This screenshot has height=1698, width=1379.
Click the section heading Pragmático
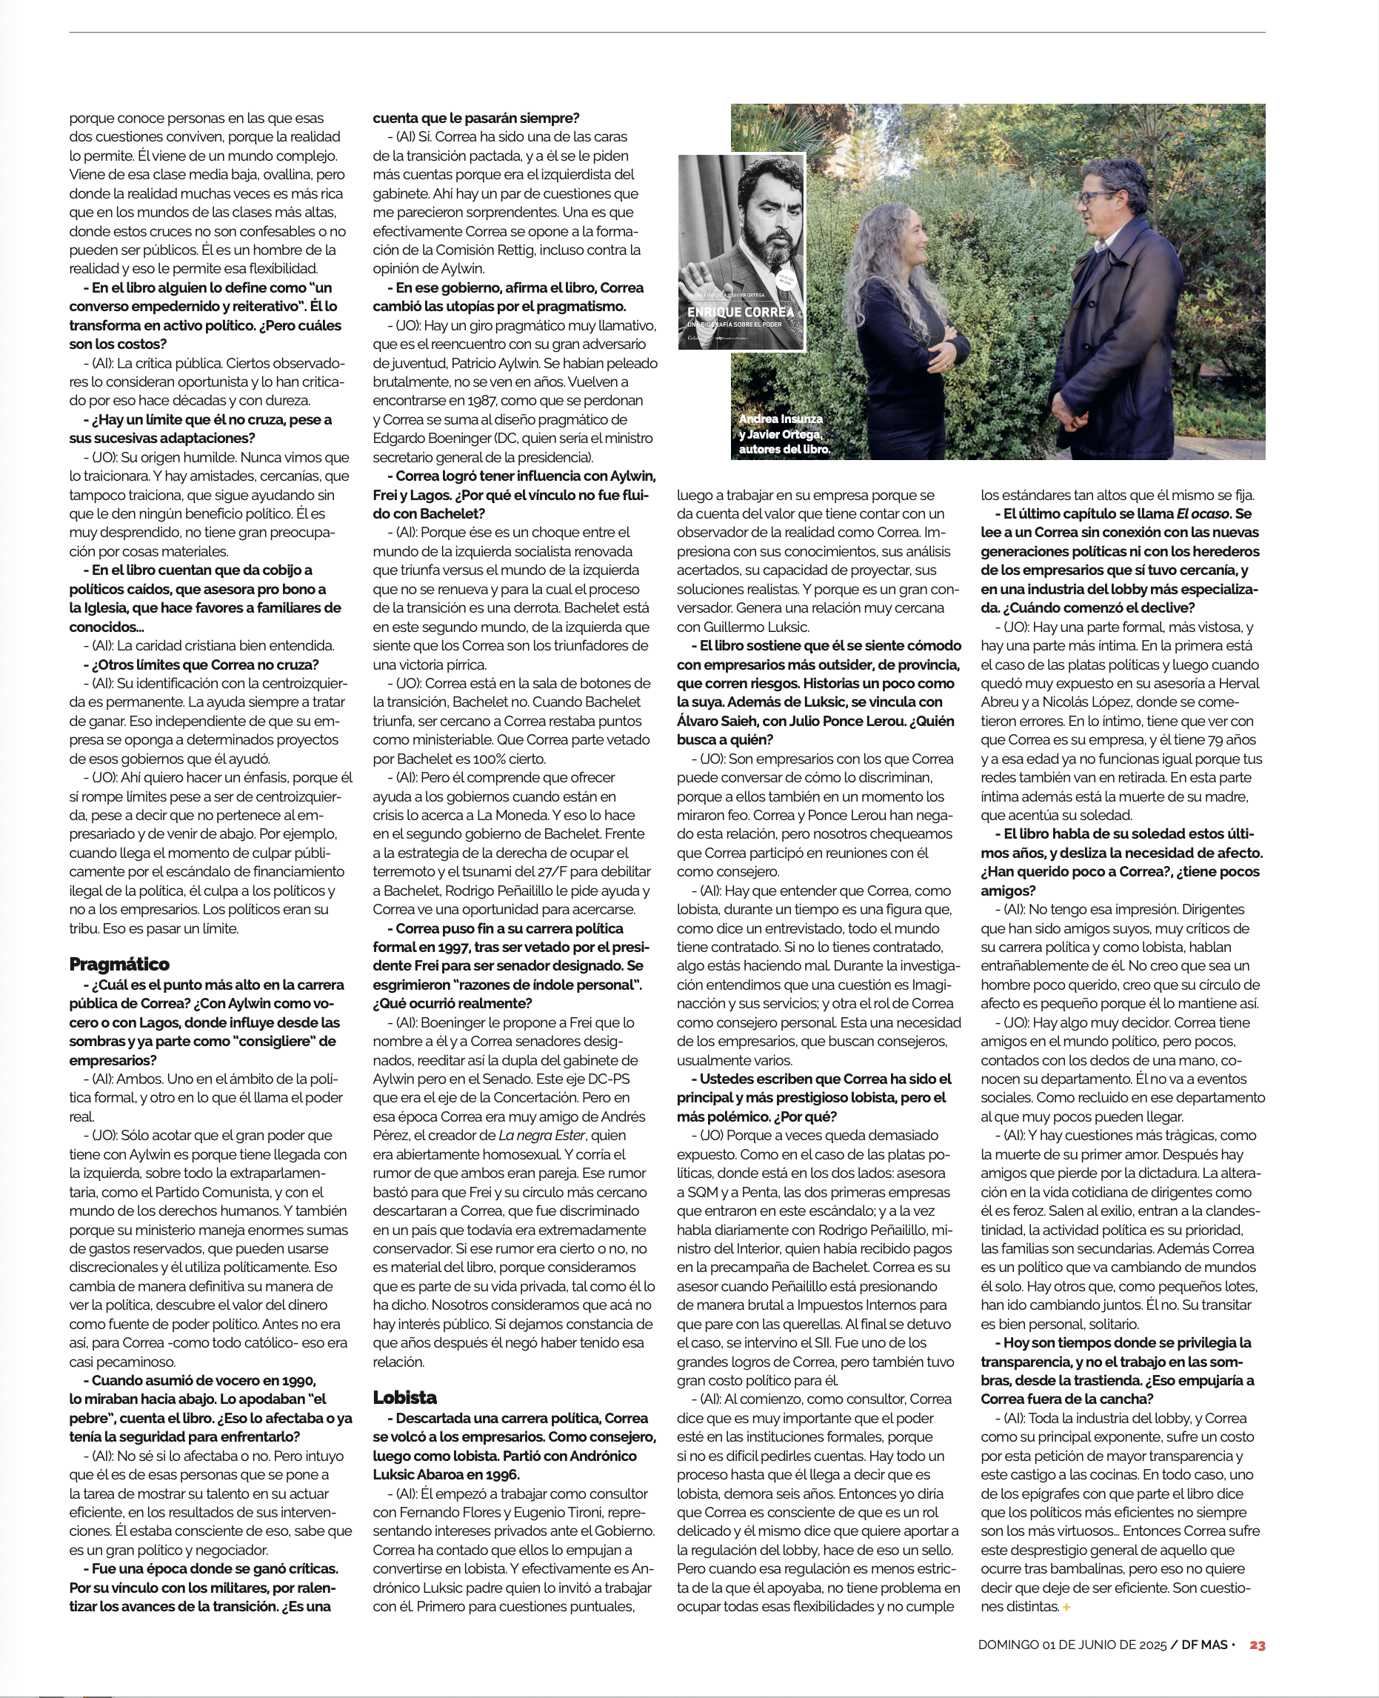pos(119,965)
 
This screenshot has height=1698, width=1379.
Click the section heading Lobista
pos(405,1398)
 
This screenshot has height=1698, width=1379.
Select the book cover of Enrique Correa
pos(741,252)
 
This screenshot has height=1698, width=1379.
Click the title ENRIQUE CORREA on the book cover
pos(741,313)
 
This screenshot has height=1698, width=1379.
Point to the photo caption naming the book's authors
pos(784,434)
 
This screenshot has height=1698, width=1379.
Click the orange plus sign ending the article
pos(1066,1608)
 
